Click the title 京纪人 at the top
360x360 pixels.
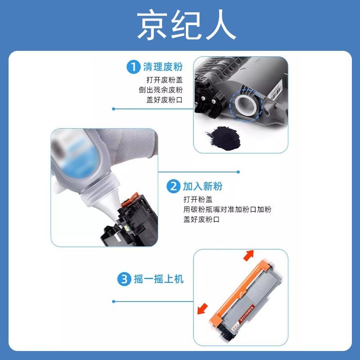point(186,25)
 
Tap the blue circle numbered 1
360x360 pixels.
point(133,67)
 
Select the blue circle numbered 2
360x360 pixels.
point(173,186)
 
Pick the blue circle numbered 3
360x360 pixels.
point(124,279)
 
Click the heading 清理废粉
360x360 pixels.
point(162,67)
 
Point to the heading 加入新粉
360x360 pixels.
point(202,186)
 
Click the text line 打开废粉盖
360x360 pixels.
point(164,80)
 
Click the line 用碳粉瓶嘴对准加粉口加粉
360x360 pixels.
point(227,210)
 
